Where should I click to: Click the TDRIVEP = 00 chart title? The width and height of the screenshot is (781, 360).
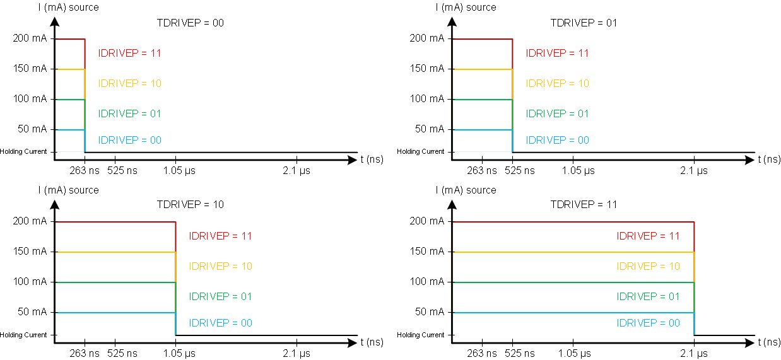(x=190, y=23)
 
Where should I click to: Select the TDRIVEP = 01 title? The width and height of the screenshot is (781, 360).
(x=584, y=23)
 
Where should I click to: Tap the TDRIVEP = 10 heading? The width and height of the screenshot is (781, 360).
(x=190, y=204)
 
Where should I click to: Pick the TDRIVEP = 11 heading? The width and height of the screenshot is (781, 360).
(x=584, y=204)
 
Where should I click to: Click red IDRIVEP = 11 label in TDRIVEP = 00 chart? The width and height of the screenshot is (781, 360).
(x=129, y=53)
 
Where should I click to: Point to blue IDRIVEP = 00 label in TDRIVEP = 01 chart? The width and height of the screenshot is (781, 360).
(x=557, y=140)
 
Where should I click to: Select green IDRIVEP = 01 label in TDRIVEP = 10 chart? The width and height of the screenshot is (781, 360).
(x=220, y=296)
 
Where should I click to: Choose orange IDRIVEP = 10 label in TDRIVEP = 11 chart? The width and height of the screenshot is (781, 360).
(x=648, y=266)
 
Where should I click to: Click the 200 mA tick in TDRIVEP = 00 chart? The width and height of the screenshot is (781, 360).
(x=30, y=38)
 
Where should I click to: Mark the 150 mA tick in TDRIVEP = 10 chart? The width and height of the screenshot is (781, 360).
(x=30, y=251)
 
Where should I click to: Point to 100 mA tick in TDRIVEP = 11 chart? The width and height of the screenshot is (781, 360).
(x=426, y=281)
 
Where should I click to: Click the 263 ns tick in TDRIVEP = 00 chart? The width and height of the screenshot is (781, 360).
(x=85, y=170)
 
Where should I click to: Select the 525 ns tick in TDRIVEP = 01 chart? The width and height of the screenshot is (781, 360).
(x=512, y=170)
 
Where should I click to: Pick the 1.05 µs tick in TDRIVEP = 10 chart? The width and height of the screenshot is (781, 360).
(x=175, y=353)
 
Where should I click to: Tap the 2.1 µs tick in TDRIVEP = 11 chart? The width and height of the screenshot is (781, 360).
(x=694, y=353)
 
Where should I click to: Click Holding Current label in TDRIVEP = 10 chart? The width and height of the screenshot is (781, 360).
(x=23, y=335)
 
